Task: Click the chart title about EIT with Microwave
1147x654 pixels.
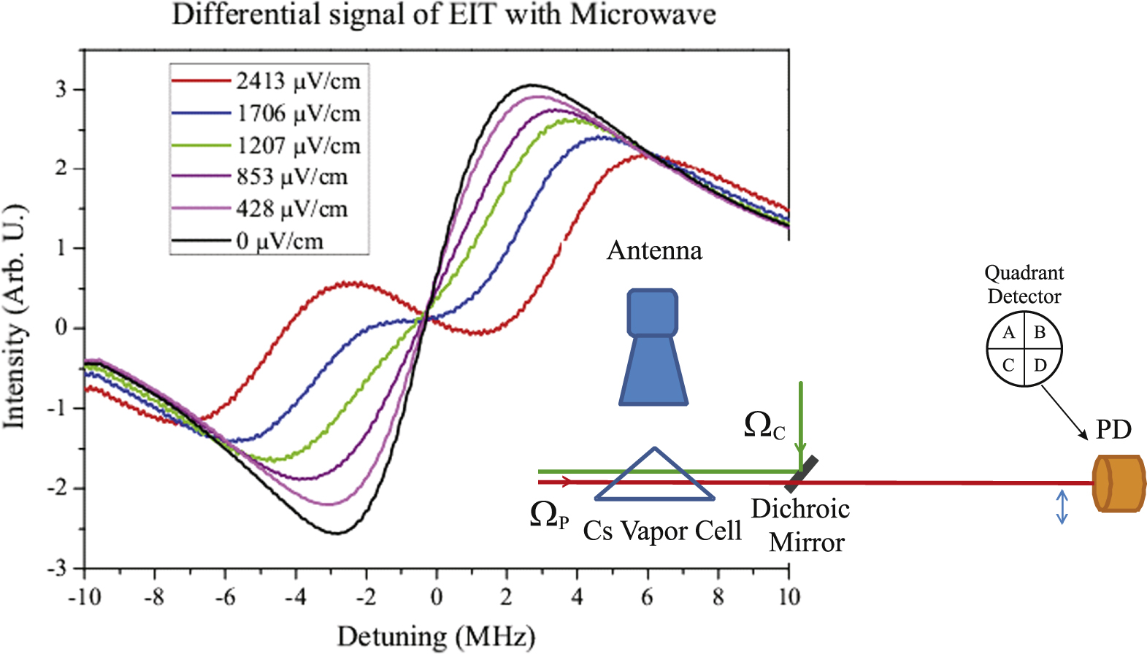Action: pos(444,15)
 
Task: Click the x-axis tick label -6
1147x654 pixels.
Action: pos(224,598)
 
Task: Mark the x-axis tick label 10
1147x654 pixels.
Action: pos(788,598)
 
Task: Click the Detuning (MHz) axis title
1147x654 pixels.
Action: pos(436,636)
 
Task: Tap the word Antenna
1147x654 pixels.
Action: pos(654,251)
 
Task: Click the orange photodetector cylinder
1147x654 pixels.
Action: pos(1119,483)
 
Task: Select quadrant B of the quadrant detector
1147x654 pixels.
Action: pos(1040,334)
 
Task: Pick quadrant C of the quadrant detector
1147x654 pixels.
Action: pos(1008,364)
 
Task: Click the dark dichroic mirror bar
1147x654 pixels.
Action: pos(801,474)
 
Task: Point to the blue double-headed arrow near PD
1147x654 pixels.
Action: pos(1062,507)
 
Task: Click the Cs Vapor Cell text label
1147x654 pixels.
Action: pos(661,531)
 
